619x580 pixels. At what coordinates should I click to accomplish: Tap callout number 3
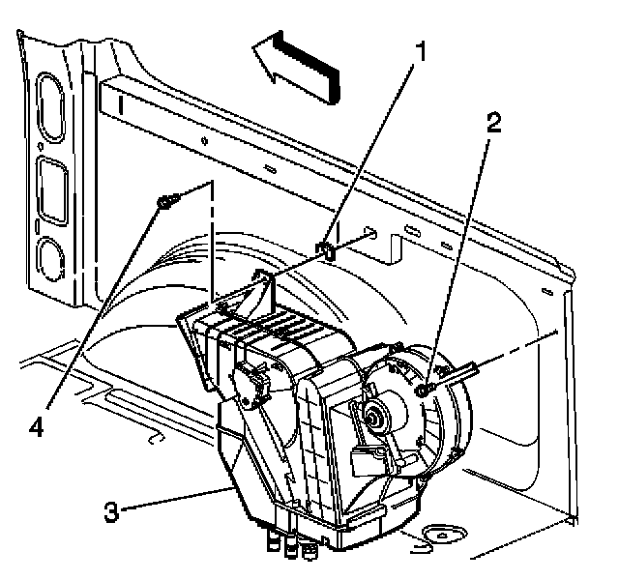[113, 509]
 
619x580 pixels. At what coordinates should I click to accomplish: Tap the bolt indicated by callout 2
[427, 389]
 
